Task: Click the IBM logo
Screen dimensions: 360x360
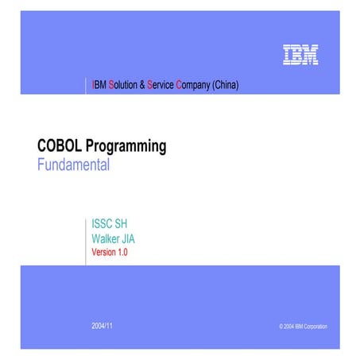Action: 300,55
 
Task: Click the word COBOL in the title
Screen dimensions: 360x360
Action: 58,146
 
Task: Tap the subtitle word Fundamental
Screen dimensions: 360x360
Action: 73,166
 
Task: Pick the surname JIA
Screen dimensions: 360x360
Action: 138,238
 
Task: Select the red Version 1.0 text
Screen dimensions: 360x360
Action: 110,252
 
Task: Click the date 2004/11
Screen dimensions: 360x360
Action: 103,326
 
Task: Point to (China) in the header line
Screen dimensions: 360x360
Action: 226,84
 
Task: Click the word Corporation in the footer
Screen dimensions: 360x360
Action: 312,327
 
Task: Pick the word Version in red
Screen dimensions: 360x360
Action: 103,252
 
